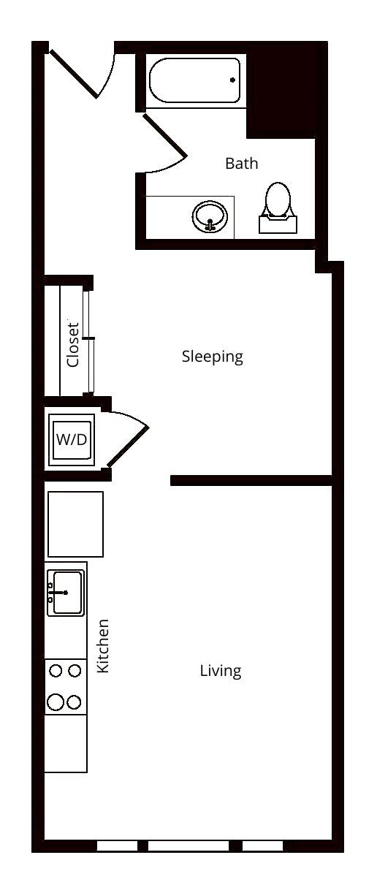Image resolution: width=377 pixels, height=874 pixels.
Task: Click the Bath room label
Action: point(241,163)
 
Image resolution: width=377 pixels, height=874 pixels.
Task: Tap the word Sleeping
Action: point(212,357)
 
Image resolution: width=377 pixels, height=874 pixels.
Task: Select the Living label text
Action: point(221,670)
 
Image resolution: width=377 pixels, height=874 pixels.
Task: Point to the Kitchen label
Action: point(104,646)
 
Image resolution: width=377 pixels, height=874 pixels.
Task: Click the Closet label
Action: point(72,344)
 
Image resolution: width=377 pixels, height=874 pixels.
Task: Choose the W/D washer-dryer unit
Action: point(71,440)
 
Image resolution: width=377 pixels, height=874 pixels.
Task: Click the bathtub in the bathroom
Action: point(194,80)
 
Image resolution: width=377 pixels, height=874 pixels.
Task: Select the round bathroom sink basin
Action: point(210,217)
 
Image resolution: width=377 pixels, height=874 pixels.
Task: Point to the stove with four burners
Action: point(65,686)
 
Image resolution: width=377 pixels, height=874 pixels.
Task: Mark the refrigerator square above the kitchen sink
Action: point(75,524)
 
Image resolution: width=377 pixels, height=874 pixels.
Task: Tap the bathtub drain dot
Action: point(233,80)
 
